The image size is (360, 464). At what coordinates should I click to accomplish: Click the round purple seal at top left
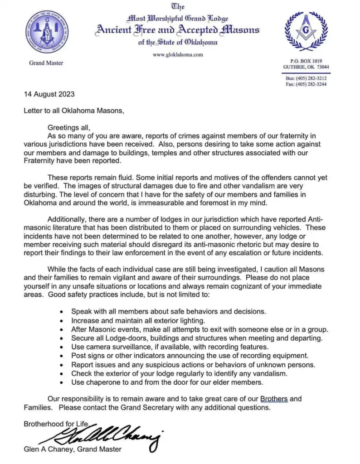pyautogui.click(x=47, y=32)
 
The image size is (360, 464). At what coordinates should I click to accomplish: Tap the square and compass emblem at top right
pyautogui.click(x=306, y=31)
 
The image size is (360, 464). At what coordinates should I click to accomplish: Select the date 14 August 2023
pyautogui.click(x=49, y=95)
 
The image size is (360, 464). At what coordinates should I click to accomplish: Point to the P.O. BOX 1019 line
pyautogui.click(x=306, y=61)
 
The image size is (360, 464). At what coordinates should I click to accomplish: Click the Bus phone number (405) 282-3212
pyautogui.click(x=311, y=78)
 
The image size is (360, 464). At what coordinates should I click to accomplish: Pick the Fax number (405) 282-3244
pyautogui.click(x=312, y=84)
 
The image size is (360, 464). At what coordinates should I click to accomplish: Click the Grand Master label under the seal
pyautogui.click(x=46, y=63)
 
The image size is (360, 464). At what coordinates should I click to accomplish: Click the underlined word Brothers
pyautogui.click(x=274, y=399)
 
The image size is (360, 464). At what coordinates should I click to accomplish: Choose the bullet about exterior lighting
pyautogui.click(x=134, y=320)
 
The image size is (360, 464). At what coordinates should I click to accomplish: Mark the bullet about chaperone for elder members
pyautogui.click(x=167, y=382)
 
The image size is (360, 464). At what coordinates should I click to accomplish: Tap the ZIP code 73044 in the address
pyautogui.click(x=323, y=67)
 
